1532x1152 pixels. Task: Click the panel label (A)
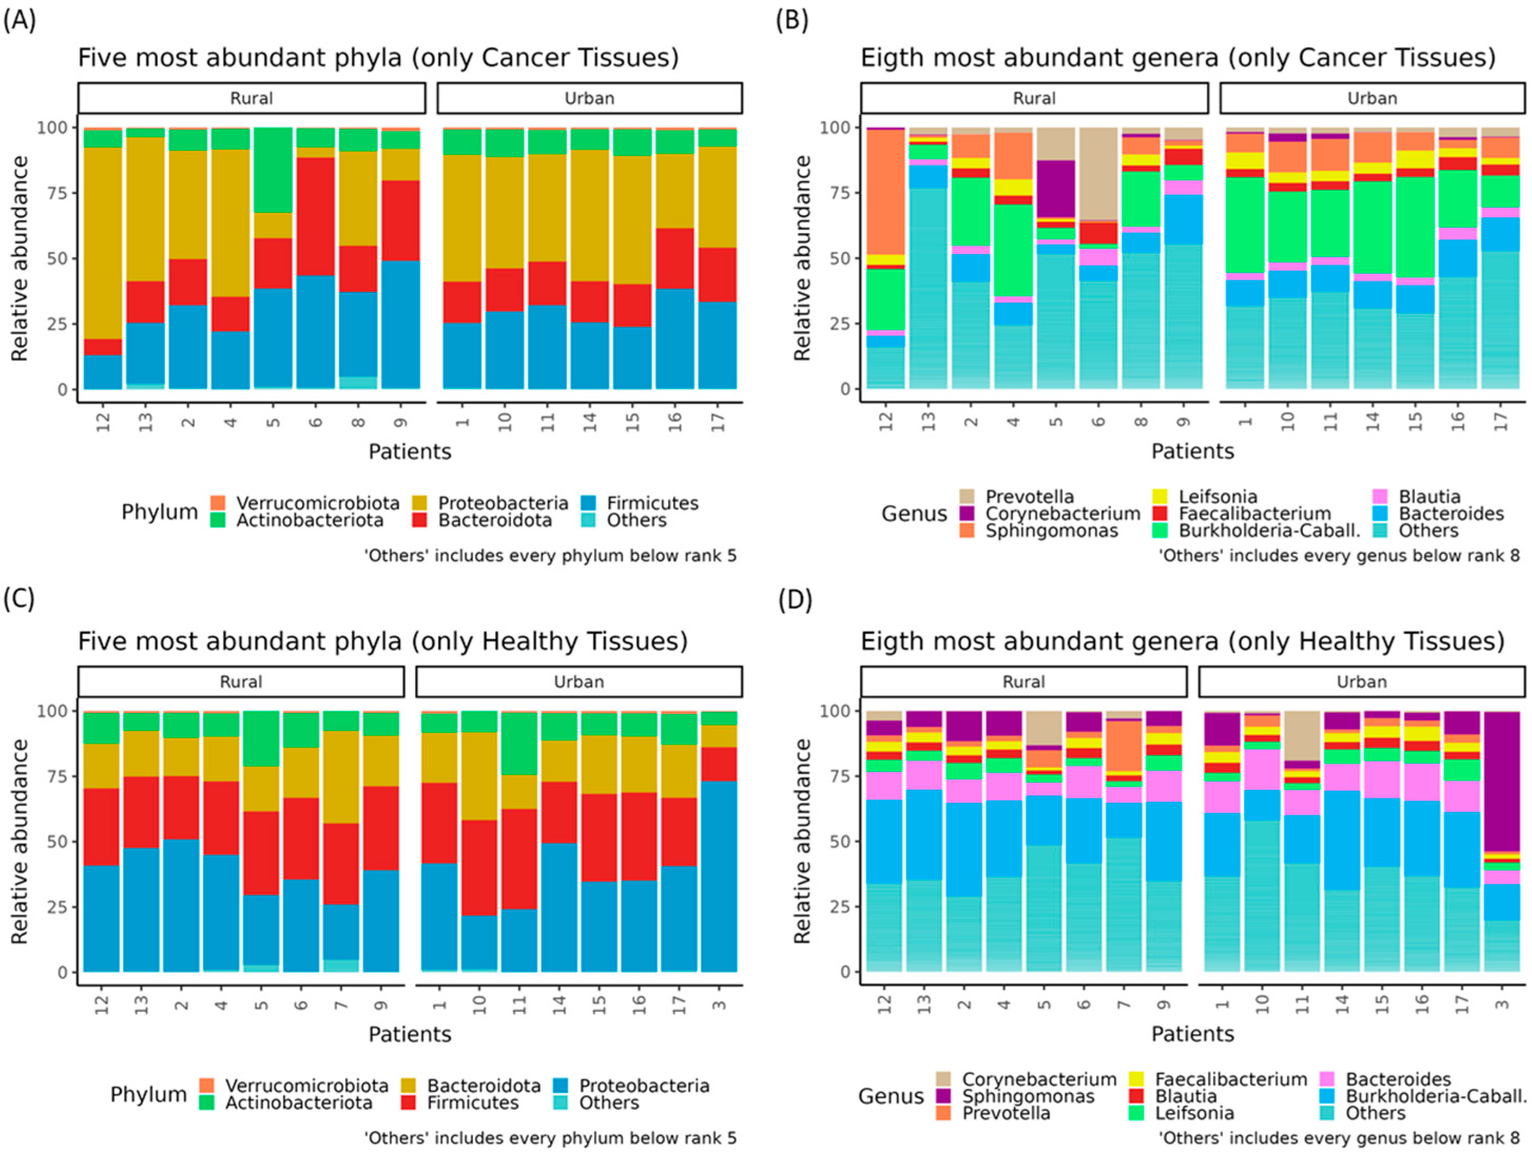click(x=20, y=21)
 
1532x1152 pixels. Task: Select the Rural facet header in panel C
click(x=240, y=682)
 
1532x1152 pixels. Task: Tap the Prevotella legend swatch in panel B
click(x=967, y=496)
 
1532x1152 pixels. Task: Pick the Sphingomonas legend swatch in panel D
click(x=943, y=1097)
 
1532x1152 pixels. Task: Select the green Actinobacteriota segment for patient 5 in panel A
click(x=274, y=170)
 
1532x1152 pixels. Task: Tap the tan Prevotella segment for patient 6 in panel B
click(x=1099, y=173)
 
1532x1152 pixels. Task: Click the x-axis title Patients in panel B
click(x=1192, y=452)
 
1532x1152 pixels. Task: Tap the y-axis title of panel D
click(x=801, y=841)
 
